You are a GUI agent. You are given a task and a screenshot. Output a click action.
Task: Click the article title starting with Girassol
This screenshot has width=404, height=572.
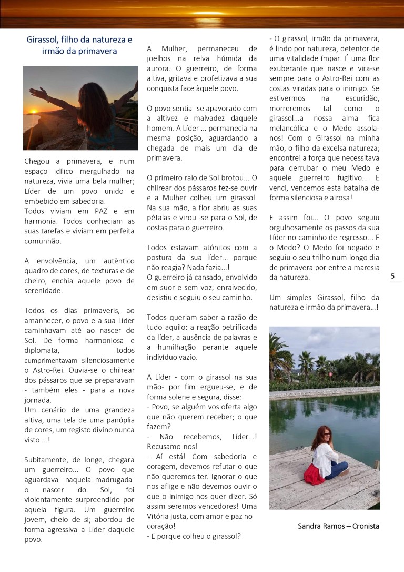coord(79,45)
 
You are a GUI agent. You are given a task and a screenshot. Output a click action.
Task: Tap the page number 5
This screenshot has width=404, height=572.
coord(393,276)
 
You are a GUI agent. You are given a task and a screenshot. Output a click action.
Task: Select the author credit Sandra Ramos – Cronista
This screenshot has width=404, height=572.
coord(338,526)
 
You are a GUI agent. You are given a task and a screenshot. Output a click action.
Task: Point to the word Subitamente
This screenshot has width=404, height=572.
coord(46,459)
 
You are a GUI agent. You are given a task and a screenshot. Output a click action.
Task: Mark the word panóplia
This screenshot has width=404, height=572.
coord(119,420)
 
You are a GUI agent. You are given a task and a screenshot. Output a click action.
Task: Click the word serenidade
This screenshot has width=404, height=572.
coord(44,290)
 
